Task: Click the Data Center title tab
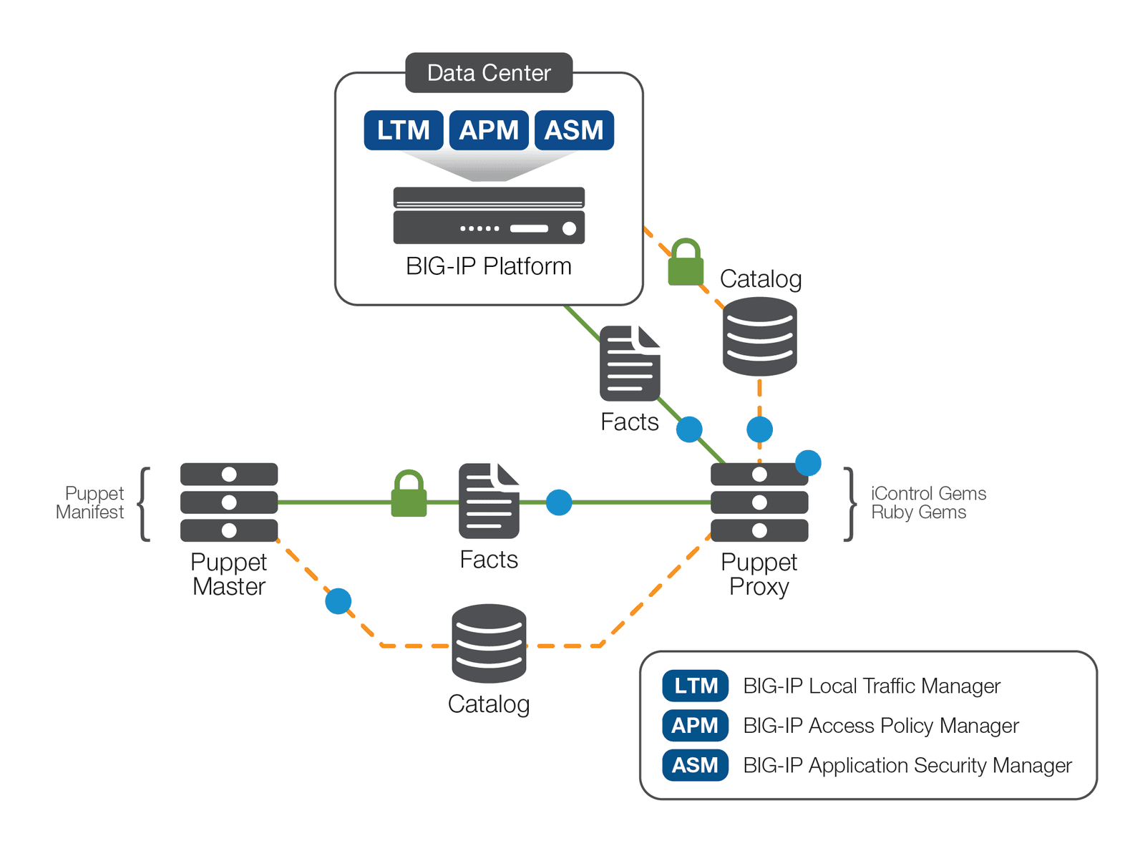coord(489,73)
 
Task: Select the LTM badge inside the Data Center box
coord(404,130)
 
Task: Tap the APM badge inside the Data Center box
coord(489,130)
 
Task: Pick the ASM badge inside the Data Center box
coord(574,130)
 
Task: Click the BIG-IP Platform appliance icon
coord(489,215)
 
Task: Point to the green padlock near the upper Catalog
coord(686,263)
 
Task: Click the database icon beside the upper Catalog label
coord(759,336)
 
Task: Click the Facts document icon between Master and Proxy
coord(489,501)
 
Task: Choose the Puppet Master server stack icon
coord(229,502)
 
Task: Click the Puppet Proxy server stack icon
coord(759,502)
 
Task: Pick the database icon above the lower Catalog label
coord(489,643)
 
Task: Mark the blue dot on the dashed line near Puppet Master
coord(338,601)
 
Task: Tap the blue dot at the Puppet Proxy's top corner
coord(808,463)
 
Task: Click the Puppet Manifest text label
coord(91,502)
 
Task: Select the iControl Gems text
coord(928,493)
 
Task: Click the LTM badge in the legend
coord(695,686)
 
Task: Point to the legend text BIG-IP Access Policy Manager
coord(880,726)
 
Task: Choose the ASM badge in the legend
coord(695,765)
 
